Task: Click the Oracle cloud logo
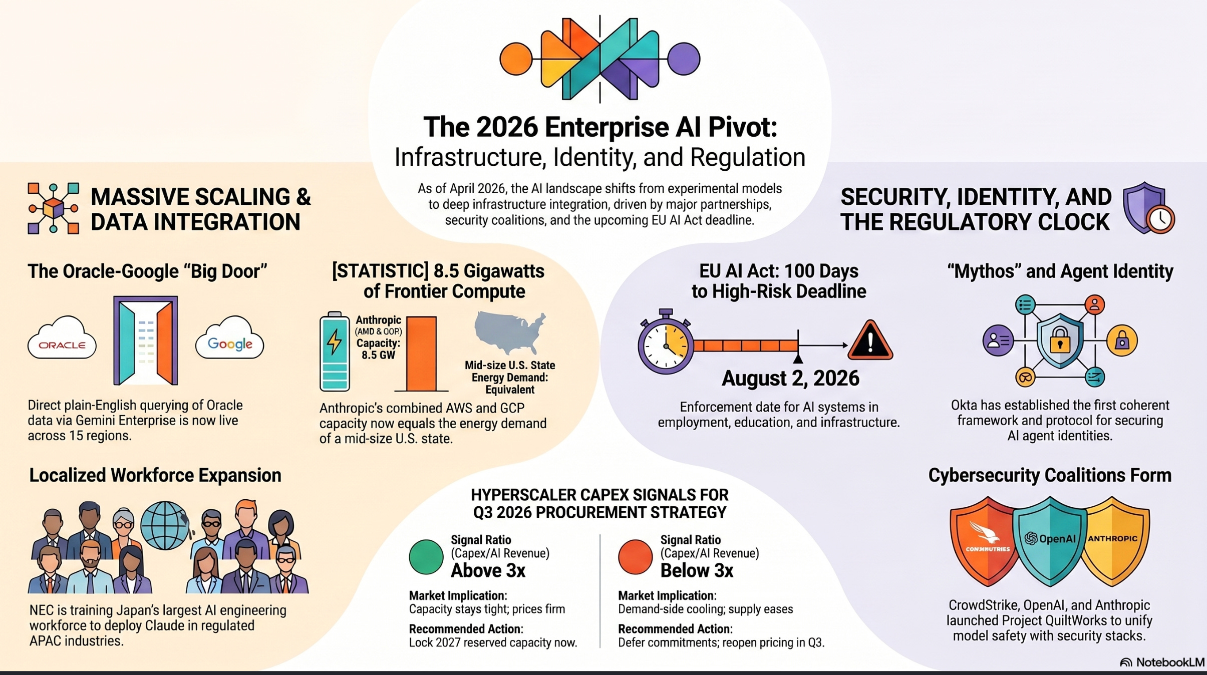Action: (62, 339)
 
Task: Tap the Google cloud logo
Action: (229, 339)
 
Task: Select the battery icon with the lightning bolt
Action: (335, 352)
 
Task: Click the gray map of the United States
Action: (509, 331)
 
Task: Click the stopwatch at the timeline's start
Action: (666, 343)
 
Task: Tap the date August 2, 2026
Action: (790, 379)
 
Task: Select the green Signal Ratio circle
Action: (426, 557)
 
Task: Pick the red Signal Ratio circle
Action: (635, 557)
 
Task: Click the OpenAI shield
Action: (1050, 540)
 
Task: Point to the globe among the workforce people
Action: (165, 526)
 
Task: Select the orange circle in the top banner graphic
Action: (516, 59)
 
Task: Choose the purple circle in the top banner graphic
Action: (684, 59)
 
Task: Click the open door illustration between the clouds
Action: (146, 341)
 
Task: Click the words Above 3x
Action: (488, 571)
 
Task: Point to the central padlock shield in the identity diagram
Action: (1059, 341)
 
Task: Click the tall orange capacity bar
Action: (421, 353)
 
